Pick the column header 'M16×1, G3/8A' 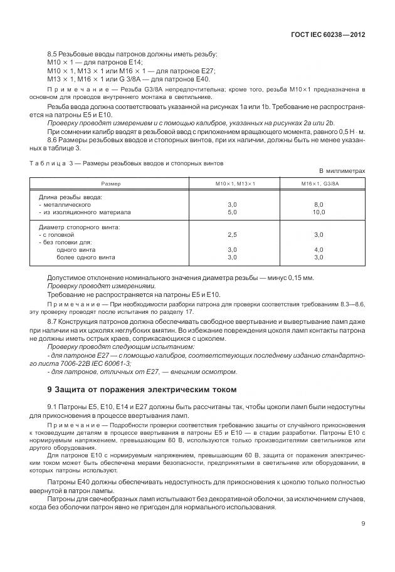click(x=319, y=184)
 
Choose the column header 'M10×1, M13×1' click(x=232, y=184)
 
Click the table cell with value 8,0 click(x=319, y=205)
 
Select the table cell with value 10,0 click(x=319, y=212)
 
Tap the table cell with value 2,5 click(x=232, y=234)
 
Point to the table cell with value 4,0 click(x=319, y=249)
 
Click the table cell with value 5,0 click(x=232, y=212)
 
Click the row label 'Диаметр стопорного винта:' click(x=79, y=227)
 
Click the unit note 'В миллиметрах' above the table click(x=342, y=170)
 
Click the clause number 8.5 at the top click(x=53, y=55)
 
